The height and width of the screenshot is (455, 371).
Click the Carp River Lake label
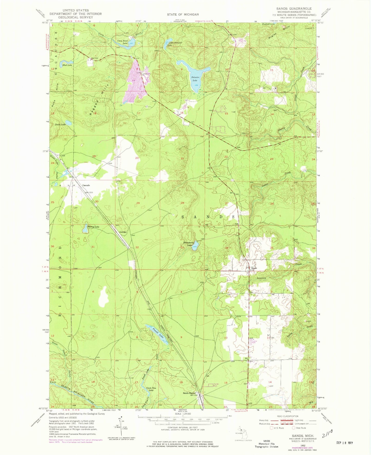(x=122, y=42)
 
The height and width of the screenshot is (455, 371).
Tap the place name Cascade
(x=86, y=185)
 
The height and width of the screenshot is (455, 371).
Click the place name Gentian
(x=123, y=232)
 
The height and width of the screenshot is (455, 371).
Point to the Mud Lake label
(x=67, y=65)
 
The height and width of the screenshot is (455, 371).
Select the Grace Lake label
(x=60, y=124)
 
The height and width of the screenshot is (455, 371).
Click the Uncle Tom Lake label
(x=151, y=389)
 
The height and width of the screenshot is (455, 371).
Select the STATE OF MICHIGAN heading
(x=183, y=14)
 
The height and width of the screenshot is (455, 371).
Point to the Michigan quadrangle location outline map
(x=241, y=433)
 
